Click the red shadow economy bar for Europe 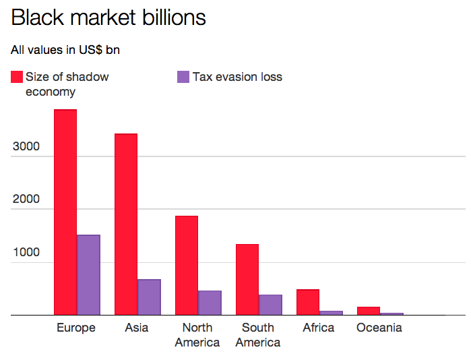click(65, 212)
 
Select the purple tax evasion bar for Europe click(88, 274)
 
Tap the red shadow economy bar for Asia click(126, 224)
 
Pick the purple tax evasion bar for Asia click(149, 297)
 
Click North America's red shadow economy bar click(187, 265)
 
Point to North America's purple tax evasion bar click(210, 303)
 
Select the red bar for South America click(247, 279)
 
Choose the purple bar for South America click(270, 305)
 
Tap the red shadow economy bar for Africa click(308, 302)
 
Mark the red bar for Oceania click(369, 311)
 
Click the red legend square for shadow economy click(17, 77)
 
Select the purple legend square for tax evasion click(183, 77)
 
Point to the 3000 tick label click(25, 147)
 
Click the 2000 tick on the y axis click(25, 200)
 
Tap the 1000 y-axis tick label click(25, 253)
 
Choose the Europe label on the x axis click(76, 328)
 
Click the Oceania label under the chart click(379, 328)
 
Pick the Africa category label click(319, 328)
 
